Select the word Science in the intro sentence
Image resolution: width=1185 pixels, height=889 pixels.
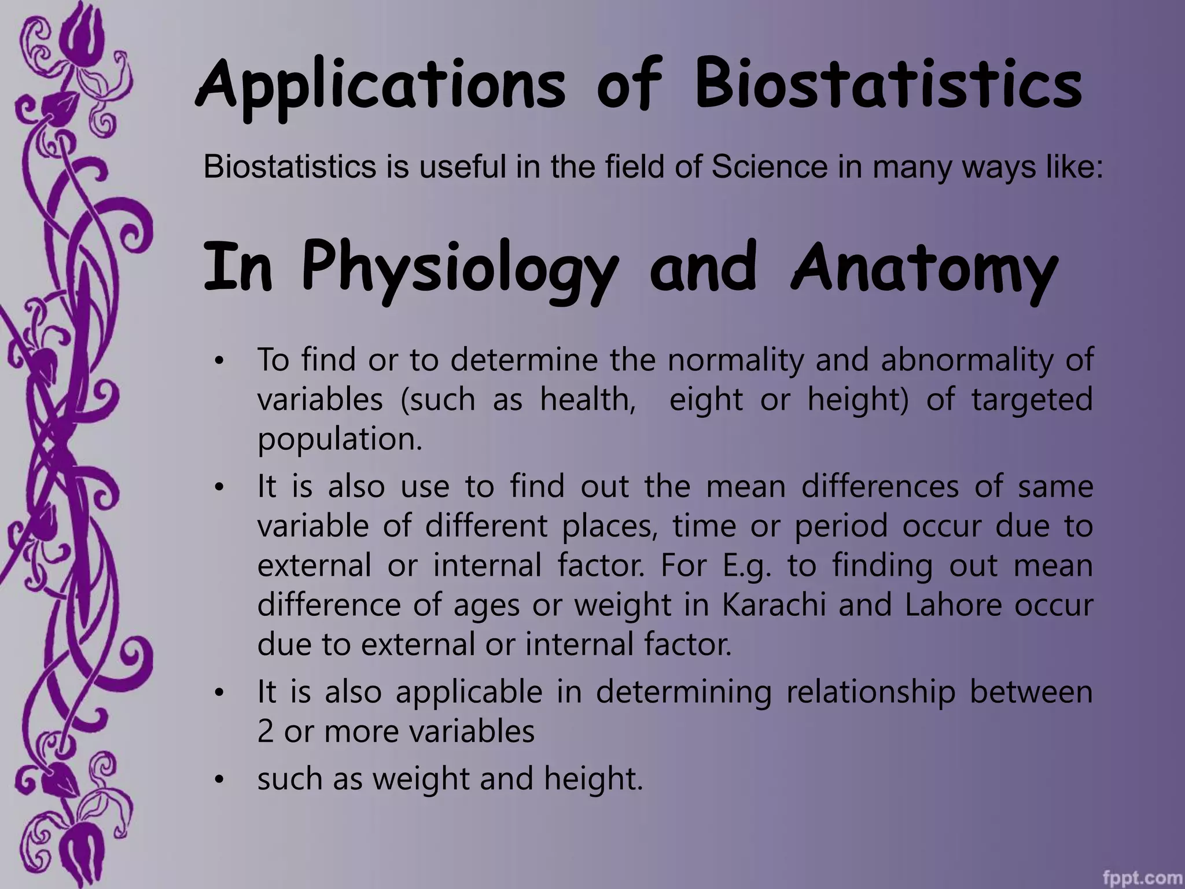[770, 167]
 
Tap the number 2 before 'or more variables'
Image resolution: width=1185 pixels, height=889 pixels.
[265, 732]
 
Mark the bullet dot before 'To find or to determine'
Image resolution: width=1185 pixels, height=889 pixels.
[218, 362]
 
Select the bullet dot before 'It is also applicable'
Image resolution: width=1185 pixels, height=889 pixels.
[218, 693]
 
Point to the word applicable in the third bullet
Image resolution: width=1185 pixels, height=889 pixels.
[469, 692]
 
